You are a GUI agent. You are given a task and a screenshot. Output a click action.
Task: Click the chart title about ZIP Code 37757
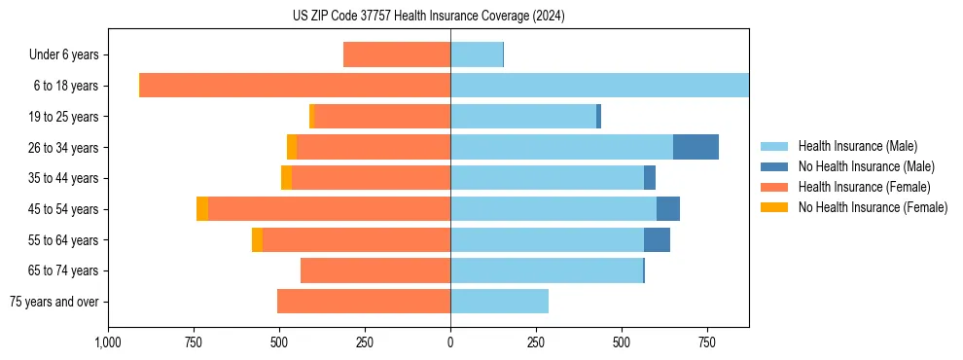[428, 17]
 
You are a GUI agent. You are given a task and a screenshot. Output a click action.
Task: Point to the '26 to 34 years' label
[61, 148]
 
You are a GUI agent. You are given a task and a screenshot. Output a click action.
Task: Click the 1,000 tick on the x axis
[108, 342]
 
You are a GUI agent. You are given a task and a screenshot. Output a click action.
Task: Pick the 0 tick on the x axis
[450, 342]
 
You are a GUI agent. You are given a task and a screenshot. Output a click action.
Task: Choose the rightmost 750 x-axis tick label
[707, 342]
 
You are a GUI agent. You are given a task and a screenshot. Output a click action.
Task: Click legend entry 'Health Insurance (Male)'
[857, 146]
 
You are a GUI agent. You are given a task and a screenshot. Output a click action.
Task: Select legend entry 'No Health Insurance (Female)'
[873, 207]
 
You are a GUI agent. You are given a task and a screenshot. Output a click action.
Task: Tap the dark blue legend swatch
[774, 166]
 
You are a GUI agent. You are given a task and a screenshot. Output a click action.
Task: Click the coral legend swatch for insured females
[774, 187]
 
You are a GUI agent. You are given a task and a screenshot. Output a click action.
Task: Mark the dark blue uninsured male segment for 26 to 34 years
[695, 147]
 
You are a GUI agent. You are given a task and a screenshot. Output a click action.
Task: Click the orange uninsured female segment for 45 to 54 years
[202, 209]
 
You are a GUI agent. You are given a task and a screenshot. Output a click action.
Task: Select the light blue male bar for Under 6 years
[477, 54]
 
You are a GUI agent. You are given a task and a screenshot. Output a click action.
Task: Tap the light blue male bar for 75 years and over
[499, 302]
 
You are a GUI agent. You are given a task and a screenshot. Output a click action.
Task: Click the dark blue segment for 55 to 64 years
[657, 239]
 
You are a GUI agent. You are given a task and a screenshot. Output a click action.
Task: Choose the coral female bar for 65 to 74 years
[375, 270]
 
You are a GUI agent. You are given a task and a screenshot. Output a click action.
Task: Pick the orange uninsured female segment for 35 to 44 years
[286, 178]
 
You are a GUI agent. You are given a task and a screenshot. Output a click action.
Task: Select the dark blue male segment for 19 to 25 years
[598, 117]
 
